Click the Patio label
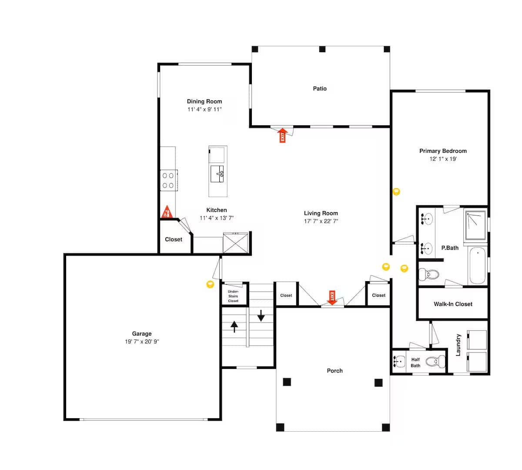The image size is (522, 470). point(320,88)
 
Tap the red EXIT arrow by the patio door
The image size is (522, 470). point(282,135)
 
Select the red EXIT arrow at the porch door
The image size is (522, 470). point(332,297)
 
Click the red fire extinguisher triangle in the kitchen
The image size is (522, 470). point(167,212)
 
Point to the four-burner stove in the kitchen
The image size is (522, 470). point(169,180)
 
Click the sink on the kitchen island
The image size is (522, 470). point(217,174)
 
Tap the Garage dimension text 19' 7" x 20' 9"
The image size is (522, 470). point(142,341)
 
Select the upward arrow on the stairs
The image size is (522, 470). point(234,326)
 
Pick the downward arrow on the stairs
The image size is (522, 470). point(261,316)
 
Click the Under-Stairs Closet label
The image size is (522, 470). point(233,296)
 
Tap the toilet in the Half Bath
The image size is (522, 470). point(435,361)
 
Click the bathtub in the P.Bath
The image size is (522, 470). point(478,265)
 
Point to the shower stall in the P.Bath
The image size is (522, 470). point(475,225)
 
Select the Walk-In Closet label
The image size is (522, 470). point(453,304)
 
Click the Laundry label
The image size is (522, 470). point(458,345)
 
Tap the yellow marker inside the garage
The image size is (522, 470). point(210,284)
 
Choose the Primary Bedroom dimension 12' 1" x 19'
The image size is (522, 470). point(443,159)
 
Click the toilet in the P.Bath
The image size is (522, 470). point(428,274)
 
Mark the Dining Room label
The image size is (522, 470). point(204,101)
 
